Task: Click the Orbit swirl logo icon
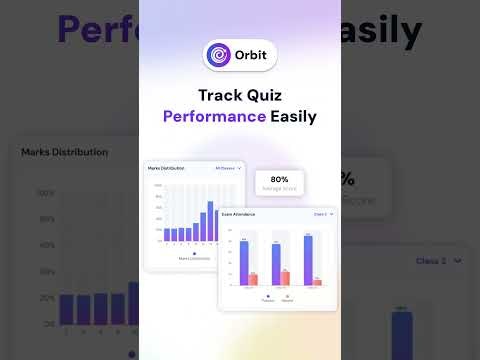(217, 55)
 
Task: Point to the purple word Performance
(215, 116)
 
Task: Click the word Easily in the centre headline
(293, 116)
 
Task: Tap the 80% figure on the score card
(279, 179)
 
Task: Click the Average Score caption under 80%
(279, 187)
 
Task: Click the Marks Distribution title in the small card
(167, 169)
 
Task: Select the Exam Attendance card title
(239, 214)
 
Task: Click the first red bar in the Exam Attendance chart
(253, 278)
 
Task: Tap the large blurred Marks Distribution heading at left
(65, 152)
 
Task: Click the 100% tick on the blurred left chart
(46, 193)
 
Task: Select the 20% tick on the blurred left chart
(46, 298)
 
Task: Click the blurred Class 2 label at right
(432, 261)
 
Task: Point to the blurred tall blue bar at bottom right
(402, 335)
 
